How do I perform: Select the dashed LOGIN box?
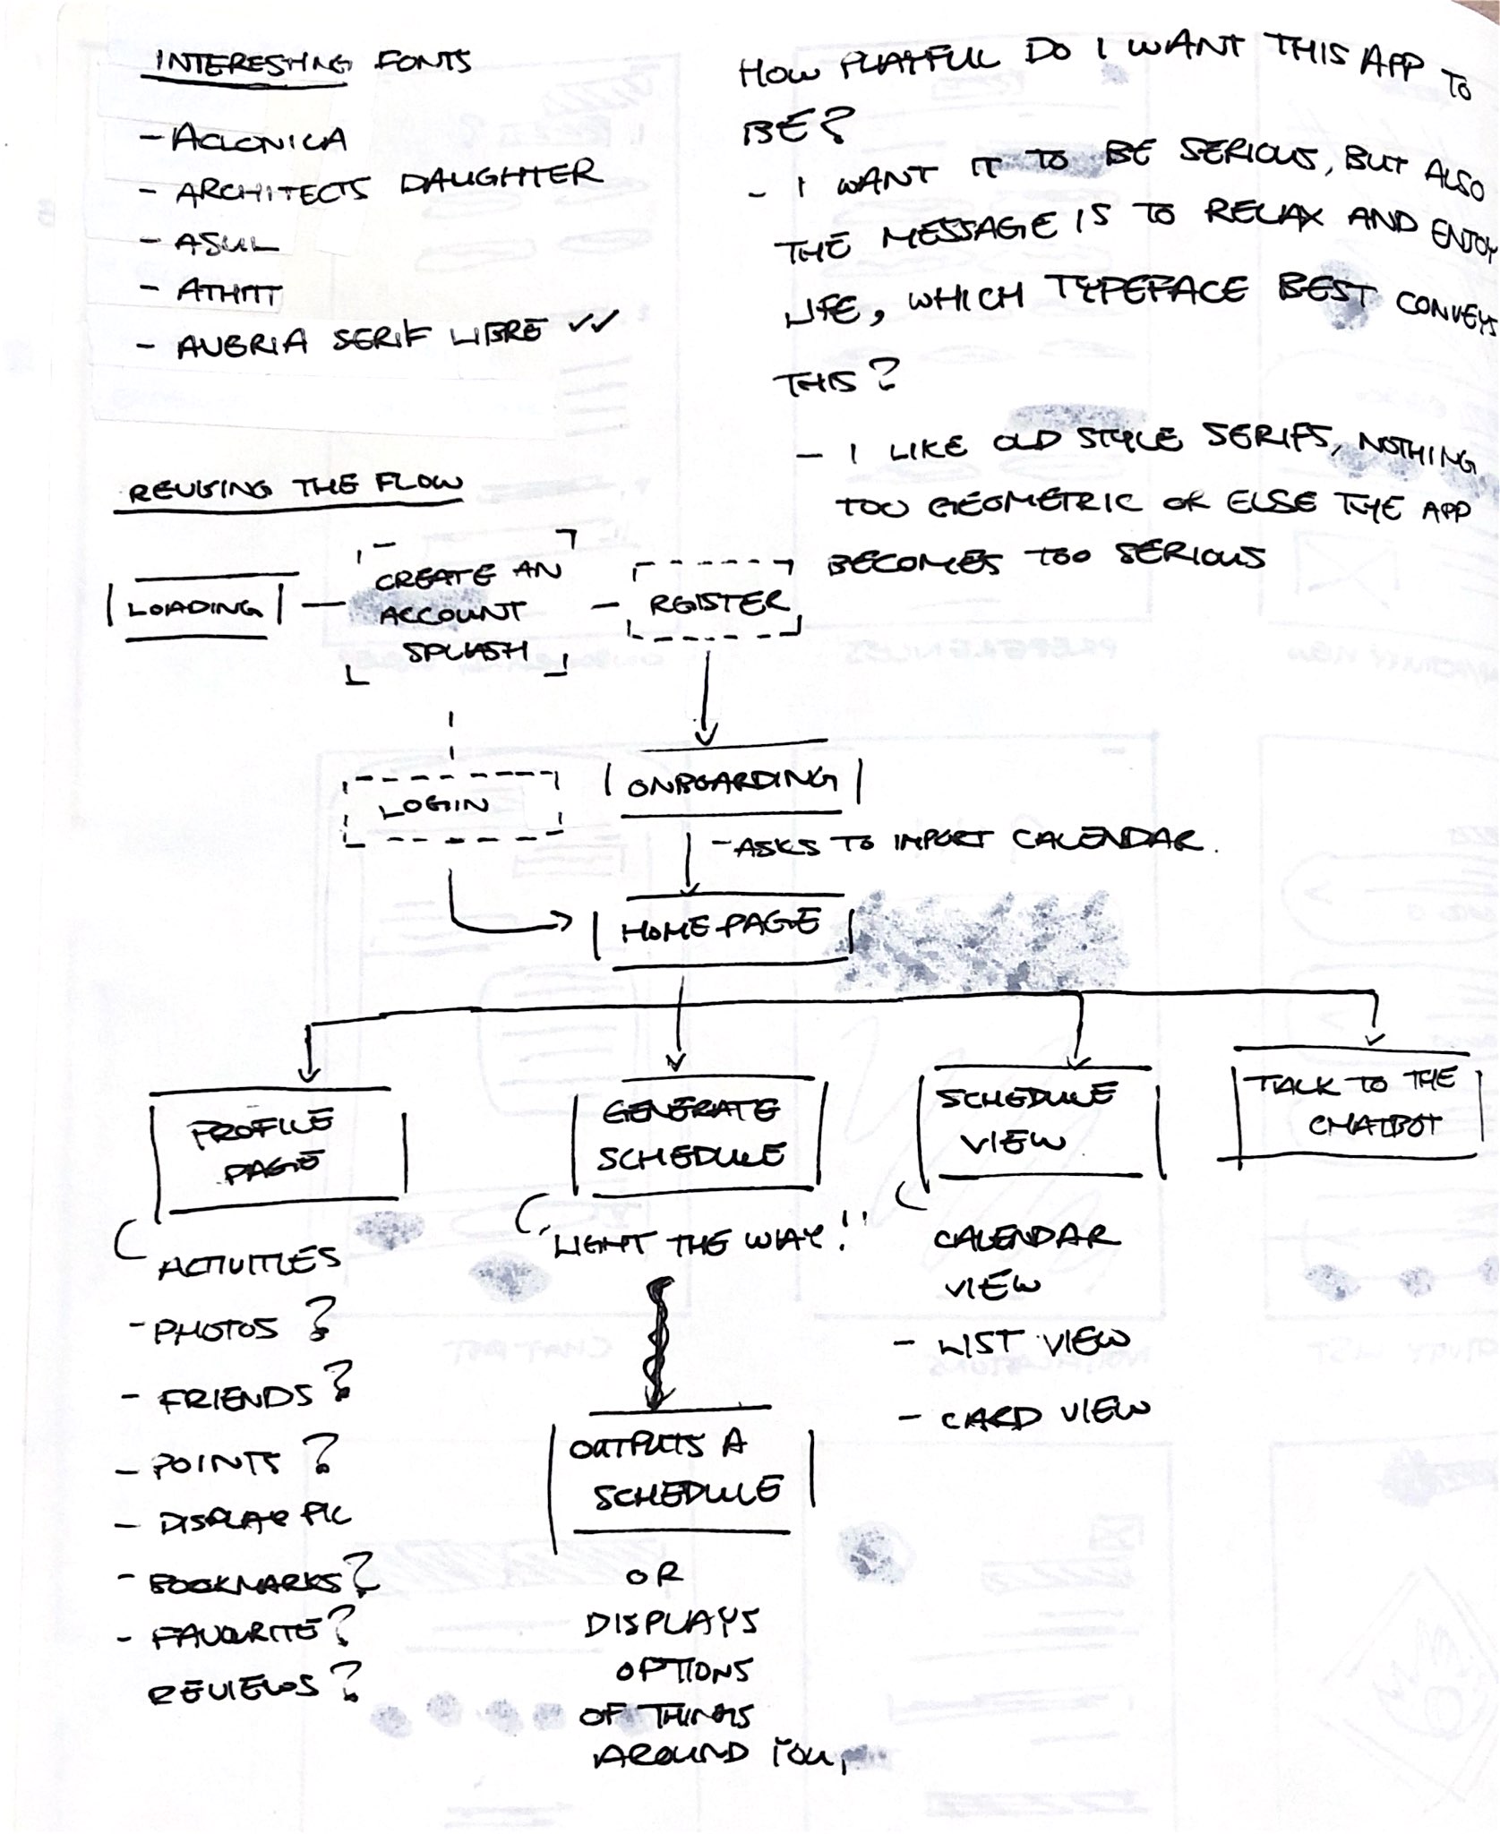452,807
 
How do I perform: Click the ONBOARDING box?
733,784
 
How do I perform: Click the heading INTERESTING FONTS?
313,64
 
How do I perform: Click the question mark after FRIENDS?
339,1382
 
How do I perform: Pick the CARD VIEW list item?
1042,1416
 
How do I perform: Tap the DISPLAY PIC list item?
254,1521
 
